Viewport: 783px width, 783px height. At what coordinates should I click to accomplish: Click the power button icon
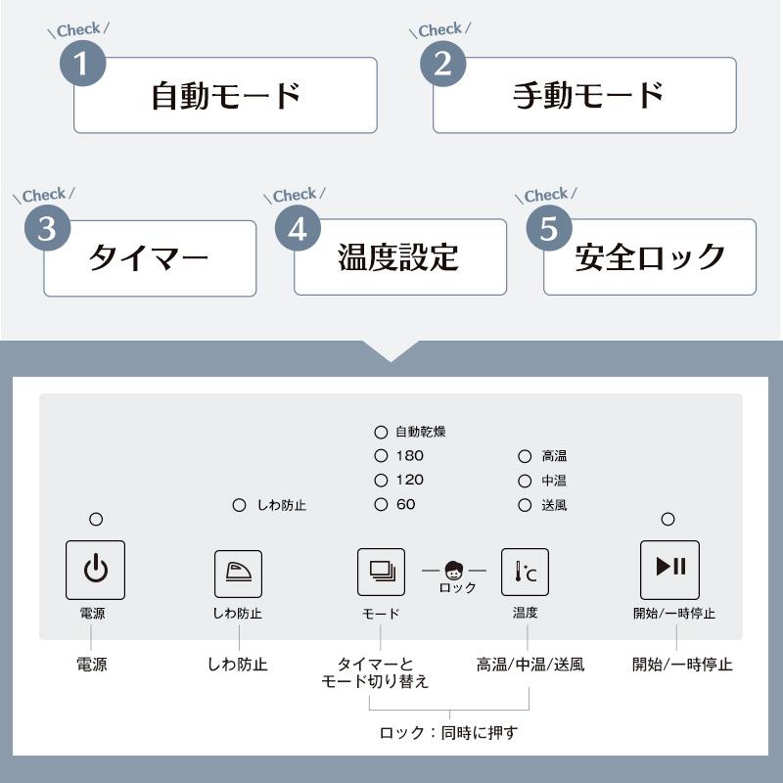[x=95, y=570]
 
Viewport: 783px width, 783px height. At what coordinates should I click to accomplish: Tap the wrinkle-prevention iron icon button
[x=238, y=574]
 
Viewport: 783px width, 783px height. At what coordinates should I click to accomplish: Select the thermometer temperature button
[x=525, y=573]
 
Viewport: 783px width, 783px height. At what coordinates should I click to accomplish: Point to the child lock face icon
[x=454, y=570]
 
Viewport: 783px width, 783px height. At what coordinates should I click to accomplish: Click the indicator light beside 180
[x=381, y=455]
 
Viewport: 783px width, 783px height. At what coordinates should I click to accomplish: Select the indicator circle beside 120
[x=381, y=481]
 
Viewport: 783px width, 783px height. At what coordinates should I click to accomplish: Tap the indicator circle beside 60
[x=381, y=505]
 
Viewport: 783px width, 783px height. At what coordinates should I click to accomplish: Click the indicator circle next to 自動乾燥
[x=381, y=431]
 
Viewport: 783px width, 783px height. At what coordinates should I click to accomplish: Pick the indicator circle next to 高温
[x=526, y=455]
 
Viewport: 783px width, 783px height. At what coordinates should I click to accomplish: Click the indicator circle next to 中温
[x=526, y=481]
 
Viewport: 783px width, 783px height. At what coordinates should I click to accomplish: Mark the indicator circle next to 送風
[x=526, y=505]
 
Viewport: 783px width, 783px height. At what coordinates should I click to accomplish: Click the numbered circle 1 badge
[x=82, y=64]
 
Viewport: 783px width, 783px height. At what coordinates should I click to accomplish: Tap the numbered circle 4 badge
[x=298, y=228]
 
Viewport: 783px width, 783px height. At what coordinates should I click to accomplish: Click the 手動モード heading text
[x=588, y=95]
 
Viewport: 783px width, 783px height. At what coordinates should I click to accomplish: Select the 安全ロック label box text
[x=650, y=257]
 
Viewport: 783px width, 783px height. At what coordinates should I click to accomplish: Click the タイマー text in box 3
[x=149, y=258]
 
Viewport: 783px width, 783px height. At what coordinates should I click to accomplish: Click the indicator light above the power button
[x=96, y=520]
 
